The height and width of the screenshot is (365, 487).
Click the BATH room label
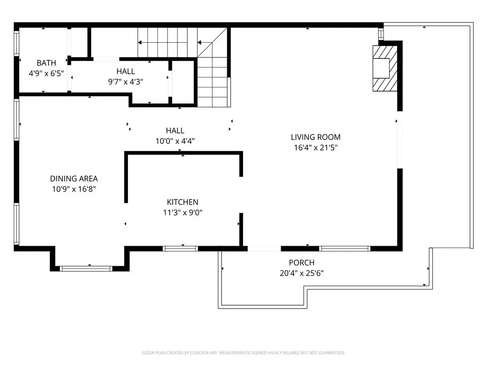tap(46, 63)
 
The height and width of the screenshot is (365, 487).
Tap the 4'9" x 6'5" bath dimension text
tap(46, 73)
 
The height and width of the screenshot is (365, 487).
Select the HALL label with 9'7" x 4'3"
tap(126, 71)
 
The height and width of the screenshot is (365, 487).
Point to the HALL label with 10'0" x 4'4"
tap(175, 130)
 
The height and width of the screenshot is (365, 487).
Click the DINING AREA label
tap(74, 179)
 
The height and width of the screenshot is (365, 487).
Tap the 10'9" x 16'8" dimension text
tap(74, 189)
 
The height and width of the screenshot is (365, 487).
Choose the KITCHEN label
tap(183, 202)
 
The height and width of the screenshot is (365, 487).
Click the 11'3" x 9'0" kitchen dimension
tap(183, 212)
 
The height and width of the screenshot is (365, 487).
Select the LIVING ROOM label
tap(316, 137)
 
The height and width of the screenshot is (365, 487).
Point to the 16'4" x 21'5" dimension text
tap(316, 147)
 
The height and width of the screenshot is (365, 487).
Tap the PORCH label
tap(302, 262)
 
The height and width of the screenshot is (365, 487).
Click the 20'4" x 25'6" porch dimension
tap(302, 273)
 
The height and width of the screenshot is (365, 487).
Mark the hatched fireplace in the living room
tap(385, 68)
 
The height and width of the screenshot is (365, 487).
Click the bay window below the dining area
tap(86, 269)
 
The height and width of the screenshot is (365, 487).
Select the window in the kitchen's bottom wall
tap(180, 248)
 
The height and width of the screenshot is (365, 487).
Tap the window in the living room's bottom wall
tap(345, 248)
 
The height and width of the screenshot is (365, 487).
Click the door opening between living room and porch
tap(264, 248)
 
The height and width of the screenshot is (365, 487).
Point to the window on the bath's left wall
tap(17, 43)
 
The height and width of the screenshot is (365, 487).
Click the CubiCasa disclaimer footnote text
tap(243, 353)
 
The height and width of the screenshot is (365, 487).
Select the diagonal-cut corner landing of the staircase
tap(212, 42)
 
